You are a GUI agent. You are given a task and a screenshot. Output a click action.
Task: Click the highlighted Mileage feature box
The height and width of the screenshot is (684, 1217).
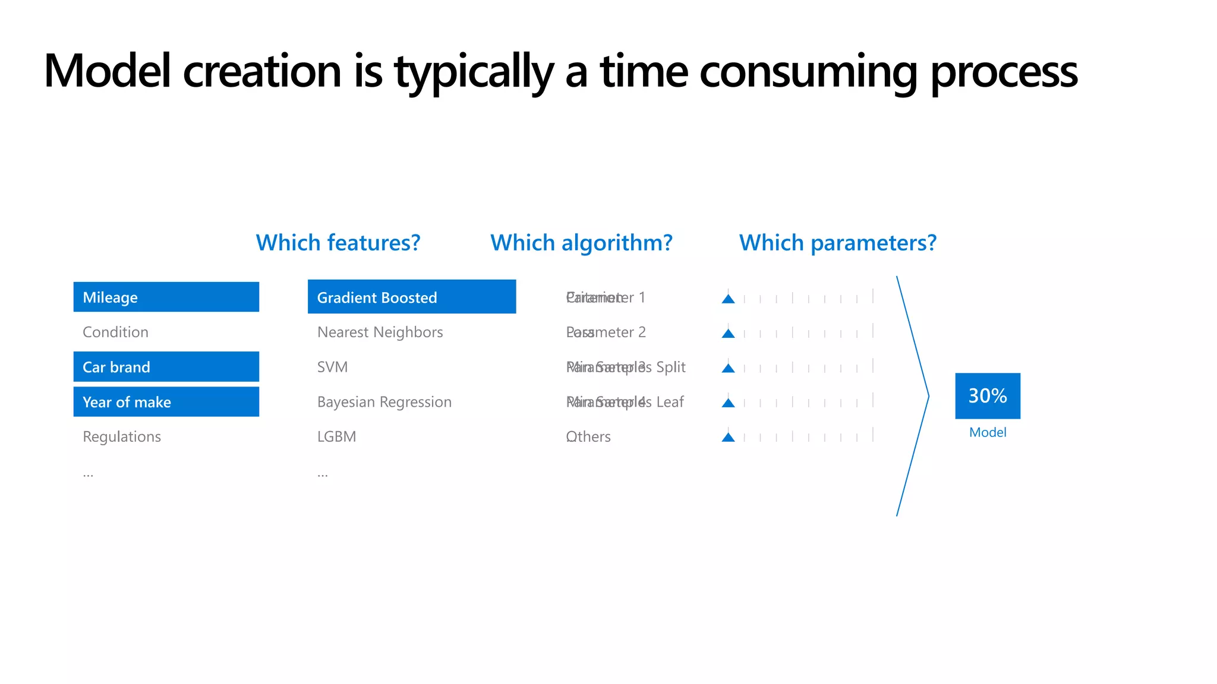pyautogui.click(x=166, y=297)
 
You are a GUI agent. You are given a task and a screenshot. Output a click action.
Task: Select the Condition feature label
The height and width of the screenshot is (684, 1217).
pyautogui.click(x=115, y=332)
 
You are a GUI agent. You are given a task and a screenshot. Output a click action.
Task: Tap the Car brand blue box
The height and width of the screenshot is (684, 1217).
pyautogui.click(x=166, y=367)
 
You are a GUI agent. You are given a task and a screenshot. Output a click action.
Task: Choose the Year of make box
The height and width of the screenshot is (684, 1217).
pyautogui.click(x=166, y=402)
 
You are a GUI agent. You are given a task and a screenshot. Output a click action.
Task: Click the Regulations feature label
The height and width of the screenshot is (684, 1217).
pyautogui.click(x=122, y=436)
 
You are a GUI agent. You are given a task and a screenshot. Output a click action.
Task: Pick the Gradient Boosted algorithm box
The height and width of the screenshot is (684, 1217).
pyautogui.click(x=411, y=297)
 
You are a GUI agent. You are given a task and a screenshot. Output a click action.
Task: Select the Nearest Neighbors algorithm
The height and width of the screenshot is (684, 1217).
pyautogui.click(x=380, y=332)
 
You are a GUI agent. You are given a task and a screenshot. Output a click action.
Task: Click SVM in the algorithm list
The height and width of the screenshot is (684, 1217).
pyautogui.click(x=332, y=367)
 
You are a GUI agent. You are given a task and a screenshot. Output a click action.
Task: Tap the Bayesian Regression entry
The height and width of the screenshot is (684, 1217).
pyautogui.click(x=384, y=402)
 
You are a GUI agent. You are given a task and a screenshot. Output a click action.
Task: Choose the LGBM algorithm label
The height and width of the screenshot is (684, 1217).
pyautogui.click(x=336, y=436)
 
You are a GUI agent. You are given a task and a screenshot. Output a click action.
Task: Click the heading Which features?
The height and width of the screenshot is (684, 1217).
pyautogui.click(x=338, y=243)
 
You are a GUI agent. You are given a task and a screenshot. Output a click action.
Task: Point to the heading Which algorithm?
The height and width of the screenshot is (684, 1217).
pyautogui.click(x=581, y=243)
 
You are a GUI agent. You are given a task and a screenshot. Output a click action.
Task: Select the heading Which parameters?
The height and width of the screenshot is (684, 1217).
pyautogui.click(x=837, y=243)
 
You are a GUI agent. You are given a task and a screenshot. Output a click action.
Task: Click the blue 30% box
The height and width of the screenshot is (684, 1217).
pyautogui.click(x=987, y=395)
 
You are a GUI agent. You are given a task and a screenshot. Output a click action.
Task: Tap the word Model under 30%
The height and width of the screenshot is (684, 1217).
pyautogui.click(x=987, y=432)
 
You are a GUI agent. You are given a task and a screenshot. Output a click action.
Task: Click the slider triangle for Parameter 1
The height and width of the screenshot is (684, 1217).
pyautogui.click(x=728, y=299)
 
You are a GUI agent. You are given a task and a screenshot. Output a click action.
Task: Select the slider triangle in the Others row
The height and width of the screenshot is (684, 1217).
pyautogui.click(x=728, y=438)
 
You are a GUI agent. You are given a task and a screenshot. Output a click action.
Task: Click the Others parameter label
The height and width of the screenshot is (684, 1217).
pyautogui.click(x=588, y=436)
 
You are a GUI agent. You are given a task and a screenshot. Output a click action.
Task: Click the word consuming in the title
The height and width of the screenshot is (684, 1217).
pyautogui.click(x=809, y=71)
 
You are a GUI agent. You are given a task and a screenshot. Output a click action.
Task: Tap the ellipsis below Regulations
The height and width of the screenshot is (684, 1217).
pyautogui.click(x=88, y=474)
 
